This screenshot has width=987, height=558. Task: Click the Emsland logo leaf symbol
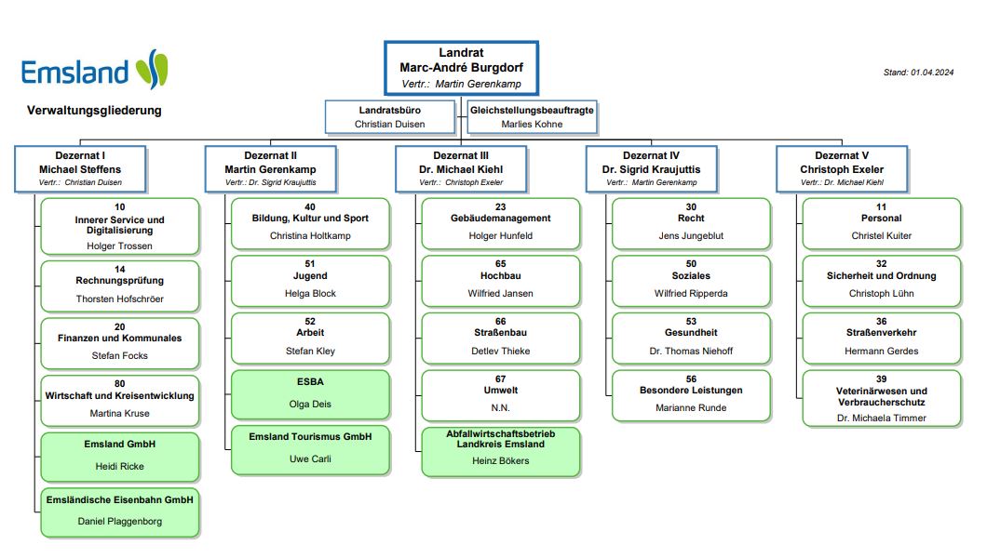pos(152,70)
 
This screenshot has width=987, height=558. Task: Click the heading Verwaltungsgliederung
pos(94,110)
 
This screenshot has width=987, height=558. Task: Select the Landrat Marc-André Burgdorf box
pos(461,68)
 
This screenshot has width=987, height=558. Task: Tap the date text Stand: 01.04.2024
pos(919,72)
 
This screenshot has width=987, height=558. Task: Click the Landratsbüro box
pos(389,117)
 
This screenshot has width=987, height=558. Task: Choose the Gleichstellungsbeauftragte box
pos(532,117)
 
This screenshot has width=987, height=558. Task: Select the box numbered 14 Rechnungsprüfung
pos(120,286)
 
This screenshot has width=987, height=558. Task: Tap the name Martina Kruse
pos(119,413)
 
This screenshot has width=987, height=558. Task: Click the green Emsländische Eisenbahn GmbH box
pos(120,511)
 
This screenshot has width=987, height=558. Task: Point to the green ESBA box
pos(311,393)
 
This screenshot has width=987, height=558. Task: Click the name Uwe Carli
pos(310,458)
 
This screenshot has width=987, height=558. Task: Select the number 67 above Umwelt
pos(500,379)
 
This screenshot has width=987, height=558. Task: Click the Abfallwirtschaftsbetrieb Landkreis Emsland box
pos(501,451)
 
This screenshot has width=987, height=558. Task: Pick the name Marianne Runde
pos(691,407)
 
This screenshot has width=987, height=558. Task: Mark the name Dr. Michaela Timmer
pos(881,418)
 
